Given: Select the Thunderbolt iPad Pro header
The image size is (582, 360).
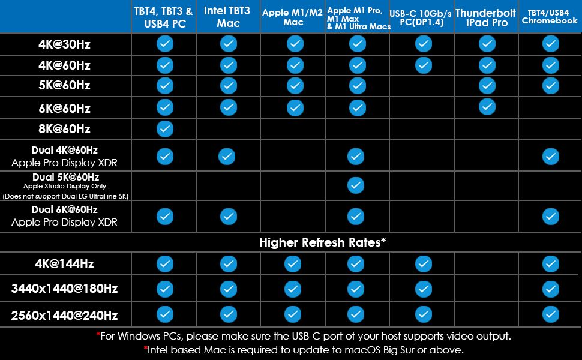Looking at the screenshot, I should click(485, 17).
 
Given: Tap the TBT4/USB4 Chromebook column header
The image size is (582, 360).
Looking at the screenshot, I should click(550, 16).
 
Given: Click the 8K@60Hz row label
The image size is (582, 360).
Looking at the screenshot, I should click(65, 129).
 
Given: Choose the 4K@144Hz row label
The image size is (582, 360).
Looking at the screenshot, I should click(65, 264).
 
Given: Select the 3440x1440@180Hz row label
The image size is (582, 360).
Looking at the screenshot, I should click(65, 289).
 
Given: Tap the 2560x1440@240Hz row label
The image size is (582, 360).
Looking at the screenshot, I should click(65, 314).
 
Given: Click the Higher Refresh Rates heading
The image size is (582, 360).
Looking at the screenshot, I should click(322, 242).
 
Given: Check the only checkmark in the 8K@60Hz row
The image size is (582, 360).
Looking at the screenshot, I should click(165, 128).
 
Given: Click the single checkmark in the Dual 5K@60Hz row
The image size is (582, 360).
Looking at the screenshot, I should click(356, 185).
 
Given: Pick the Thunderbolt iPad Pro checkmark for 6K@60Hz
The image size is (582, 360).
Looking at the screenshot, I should click(487, 107).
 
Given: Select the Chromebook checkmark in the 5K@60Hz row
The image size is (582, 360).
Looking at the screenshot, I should click(550, 86).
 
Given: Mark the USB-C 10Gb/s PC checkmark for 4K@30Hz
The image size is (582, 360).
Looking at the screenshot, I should click(423, 44).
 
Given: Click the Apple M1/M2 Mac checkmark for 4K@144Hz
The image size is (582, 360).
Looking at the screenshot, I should click(293, 263).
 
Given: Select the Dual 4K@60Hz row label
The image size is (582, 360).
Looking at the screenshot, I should click(65, 150).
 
